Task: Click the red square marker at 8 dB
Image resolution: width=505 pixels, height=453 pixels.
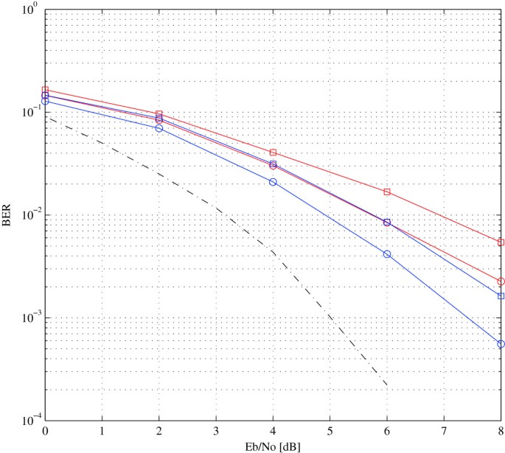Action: [x=501, y=242]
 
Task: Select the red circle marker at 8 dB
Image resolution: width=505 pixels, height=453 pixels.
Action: [x=501, y=281]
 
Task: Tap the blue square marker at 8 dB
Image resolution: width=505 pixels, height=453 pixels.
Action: [x=501, y=296]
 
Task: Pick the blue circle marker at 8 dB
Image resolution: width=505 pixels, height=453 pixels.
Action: [x=501, y=344]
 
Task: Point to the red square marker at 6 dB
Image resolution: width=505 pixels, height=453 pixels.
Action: [x=387, y=192]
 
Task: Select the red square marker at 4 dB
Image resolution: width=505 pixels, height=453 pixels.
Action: [x=273, y=152]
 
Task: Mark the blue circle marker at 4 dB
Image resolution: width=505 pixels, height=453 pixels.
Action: [x=273, y=181]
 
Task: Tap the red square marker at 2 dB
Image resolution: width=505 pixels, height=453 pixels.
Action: [x=159, y=114]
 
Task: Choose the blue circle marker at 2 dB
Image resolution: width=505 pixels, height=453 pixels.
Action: [x=159, y=128]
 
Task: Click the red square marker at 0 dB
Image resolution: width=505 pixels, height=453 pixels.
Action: [x=46, y=90]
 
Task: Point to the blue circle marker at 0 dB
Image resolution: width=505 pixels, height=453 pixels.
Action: [x=46, y=101]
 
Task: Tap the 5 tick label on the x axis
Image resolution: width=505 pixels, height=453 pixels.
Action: [x=330, y=429]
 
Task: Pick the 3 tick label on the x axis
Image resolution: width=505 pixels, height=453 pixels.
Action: [x=216, y=429]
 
